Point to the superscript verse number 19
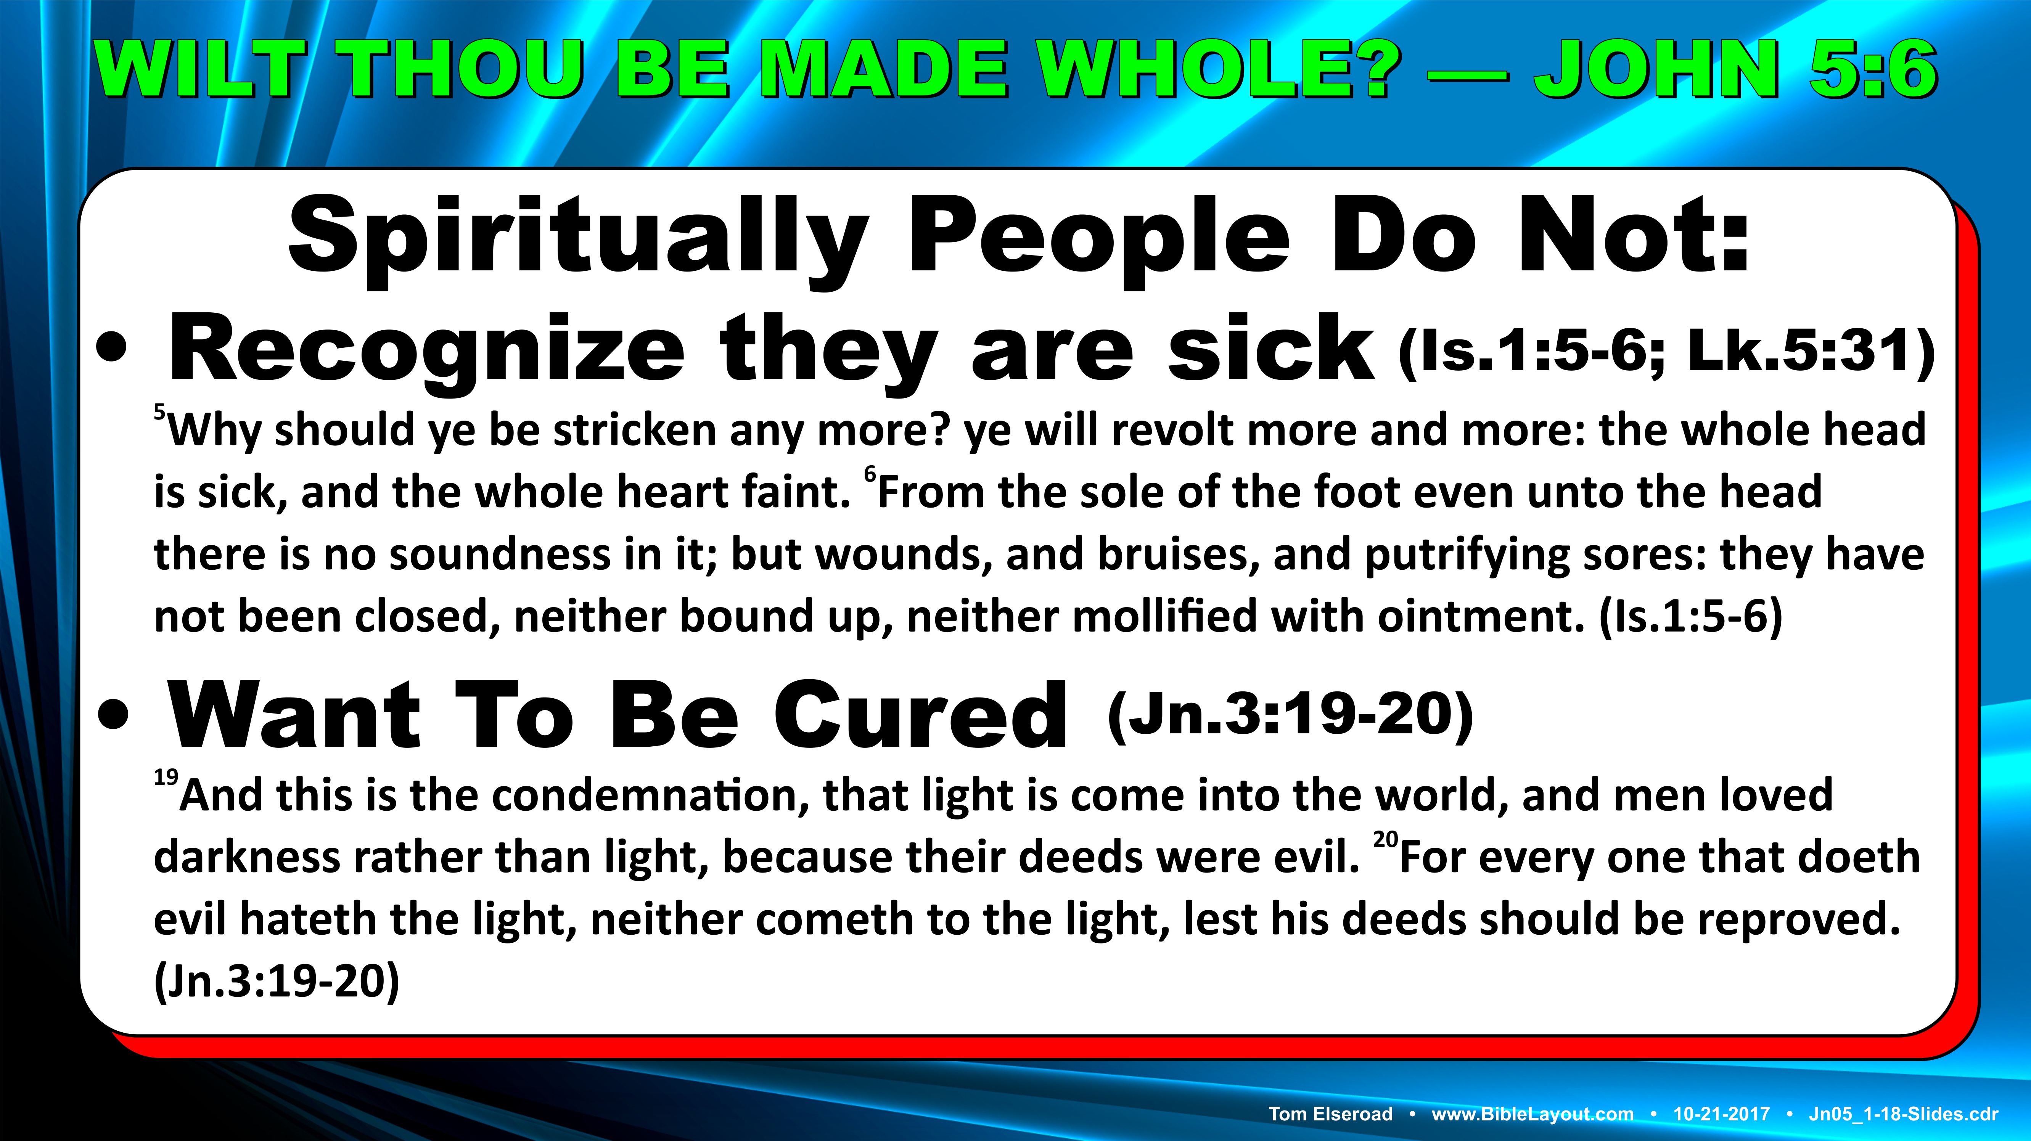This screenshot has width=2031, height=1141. tap(166, 778)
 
